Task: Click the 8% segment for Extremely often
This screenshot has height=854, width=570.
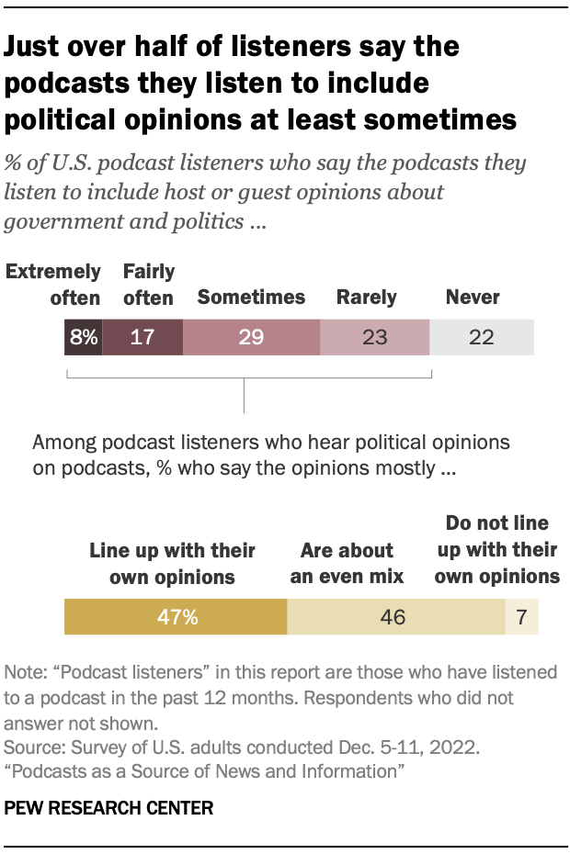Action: click(x=83, y=337)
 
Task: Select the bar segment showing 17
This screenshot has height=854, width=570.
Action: click(x=142, y=337)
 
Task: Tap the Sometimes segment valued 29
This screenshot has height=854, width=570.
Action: click(x=251, y=337)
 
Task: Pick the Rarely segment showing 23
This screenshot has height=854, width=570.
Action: click(x=374, y=337)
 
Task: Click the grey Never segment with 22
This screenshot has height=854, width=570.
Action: click(x=482, y=337)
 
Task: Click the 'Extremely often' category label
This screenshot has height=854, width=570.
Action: click(x=53, y=285)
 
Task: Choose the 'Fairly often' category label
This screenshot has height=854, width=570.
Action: click(x=148, y=285)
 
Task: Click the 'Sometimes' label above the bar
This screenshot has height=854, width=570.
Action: click(x=251, y=297)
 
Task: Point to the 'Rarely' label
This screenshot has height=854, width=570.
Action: click(x=366, y=297)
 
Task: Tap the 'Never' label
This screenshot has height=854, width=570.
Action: click(x=472, y=297)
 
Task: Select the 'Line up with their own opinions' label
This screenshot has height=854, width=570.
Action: click(x=172, y=564)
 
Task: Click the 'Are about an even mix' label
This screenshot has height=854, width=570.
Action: click(x=347, y=564)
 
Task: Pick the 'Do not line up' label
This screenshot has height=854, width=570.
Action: click(x=496, y=550)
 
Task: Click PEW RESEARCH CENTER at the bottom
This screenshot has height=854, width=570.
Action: click(x=109, y=809)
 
